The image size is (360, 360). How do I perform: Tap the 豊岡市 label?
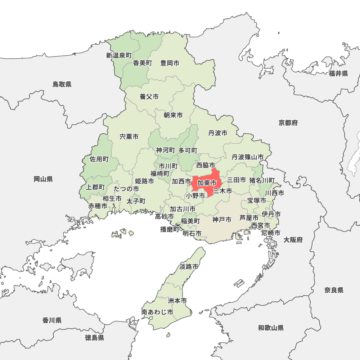point(170,63)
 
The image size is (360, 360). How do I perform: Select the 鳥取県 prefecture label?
point(62,84)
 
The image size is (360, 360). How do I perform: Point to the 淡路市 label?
point(189,267)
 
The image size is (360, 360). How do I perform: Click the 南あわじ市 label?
point(157,312)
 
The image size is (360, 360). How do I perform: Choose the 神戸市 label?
point(222,220)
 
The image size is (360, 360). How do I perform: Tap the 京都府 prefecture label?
point(288,123)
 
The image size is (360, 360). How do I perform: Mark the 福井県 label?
point(338,74)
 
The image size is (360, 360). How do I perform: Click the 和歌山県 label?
point(271,328)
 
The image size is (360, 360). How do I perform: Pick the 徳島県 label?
point(95,338)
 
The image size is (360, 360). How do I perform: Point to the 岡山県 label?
point(43,179)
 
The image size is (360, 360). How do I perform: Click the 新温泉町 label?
point(119,55)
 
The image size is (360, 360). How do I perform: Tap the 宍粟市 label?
point(129,137)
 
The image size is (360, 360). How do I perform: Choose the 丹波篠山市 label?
point(247,157)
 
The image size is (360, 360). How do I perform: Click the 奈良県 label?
point(334,290)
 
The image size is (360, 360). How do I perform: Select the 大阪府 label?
point(293,240)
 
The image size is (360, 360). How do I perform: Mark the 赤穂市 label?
point(98,206)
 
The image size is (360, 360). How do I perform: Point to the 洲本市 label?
point(177,300)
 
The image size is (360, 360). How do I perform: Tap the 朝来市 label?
point(173,115)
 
